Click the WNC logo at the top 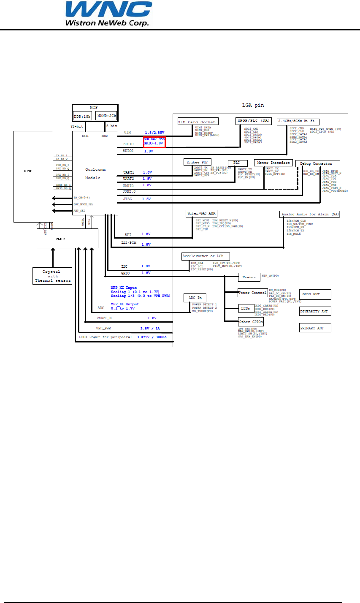point(107,14)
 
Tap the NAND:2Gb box point(106,115)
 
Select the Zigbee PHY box point(197,162)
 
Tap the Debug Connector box point(314,163)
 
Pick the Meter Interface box point(273,163)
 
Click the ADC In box point(195,298)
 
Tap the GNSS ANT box point(315,294)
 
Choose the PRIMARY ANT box point(315,328)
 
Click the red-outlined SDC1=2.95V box point(154,142)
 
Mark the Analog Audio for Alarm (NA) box point(309,215)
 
